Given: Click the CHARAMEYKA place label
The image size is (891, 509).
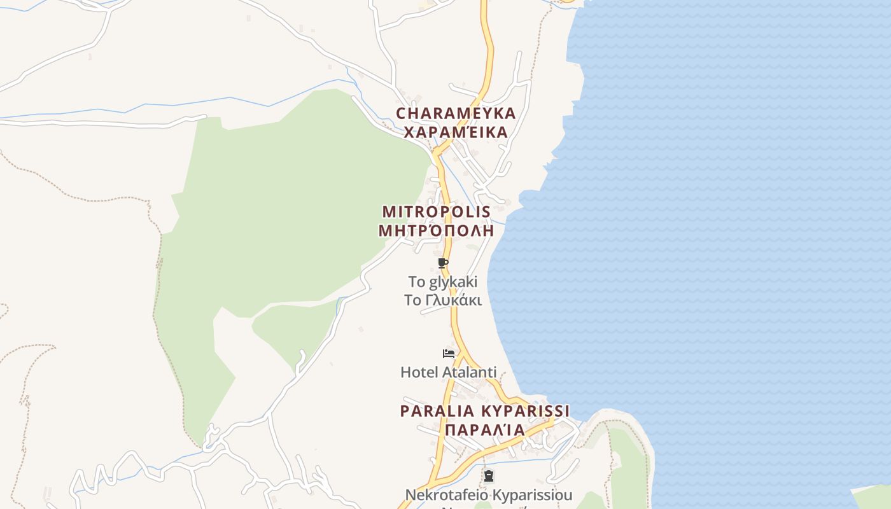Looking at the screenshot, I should click(x=456, y=113).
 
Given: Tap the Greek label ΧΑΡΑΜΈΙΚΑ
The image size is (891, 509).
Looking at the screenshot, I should click(x=456, y=132).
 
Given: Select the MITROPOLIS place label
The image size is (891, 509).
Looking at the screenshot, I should click(x=436, y=211).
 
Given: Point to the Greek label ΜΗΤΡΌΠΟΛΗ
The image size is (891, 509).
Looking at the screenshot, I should click(x=436, y=230).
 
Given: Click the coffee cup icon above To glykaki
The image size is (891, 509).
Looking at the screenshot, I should click(x=444, y=263).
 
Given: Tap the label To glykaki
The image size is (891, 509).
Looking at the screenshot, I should click(x=443, y=281).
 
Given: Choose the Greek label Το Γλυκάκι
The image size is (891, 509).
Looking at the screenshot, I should click(x=443, y=300).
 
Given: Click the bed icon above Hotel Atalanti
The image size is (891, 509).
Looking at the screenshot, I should click(x=449, y=354).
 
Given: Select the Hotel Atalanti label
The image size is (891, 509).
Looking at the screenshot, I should click(x=448, y=372).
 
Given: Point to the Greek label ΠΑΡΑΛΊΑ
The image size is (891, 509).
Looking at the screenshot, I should click(x=485, y=430).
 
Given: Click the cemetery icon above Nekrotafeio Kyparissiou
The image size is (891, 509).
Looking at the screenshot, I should click(x=489, y=475).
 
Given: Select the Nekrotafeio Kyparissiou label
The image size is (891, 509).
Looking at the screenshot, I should click(x=489, y=494).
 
